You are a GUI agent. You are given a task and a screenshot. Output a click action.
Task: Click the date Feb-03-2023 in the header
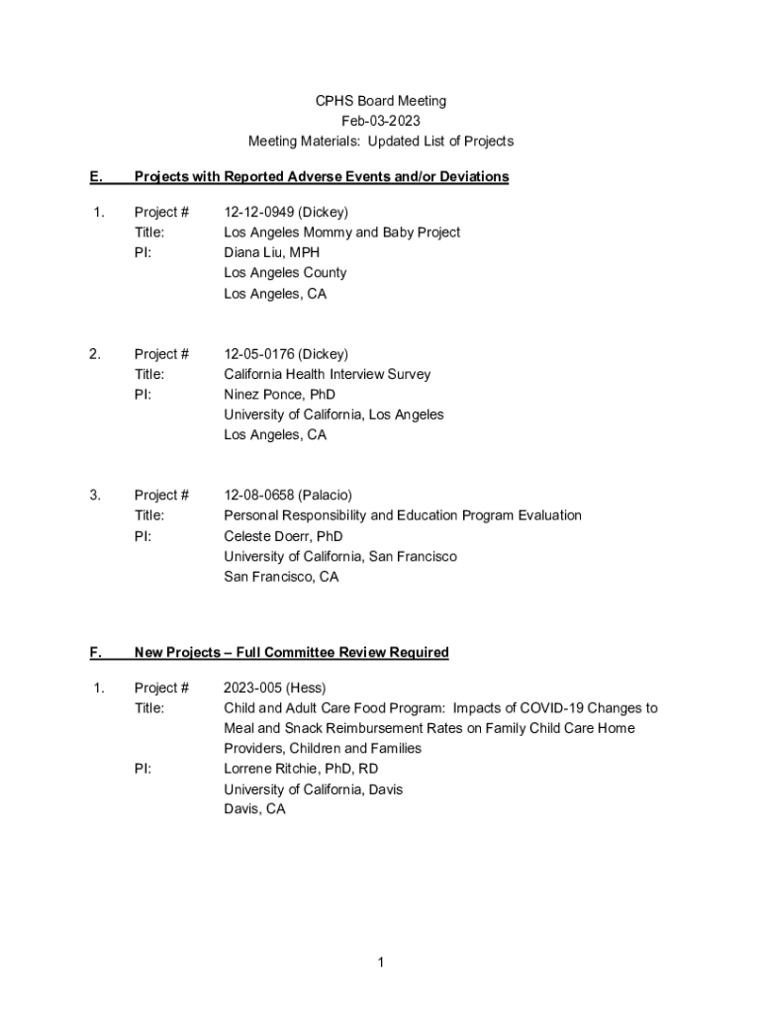pos(380,121)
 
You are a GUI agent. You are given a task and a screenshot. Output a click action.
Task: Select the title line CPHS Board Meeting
pos(380,101)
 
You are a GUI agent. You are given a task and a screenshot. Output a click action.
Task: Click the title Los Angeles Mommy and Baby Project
pos(341,232)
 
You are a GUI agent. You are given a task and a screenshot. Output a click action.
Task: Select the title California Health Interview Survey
pos(327,374)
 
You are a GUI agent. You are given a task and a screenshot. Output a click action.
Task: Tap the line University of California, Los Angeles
pos(333,414)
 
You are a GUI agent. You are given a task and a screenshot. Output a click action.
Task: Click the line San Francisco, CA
pos(281,577)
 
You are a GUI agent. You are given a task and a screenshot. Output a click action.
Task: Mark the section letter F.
pos(95,652)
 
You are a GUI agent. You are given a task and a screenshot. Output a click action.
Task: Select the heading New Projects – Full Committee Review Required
pos(291,652)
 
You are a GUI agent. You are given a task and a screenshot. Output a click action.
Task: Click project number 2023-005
pos(252,688)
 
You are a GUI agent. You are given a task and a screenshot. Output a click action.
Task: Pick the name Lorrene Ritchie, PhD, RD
pos(301,769)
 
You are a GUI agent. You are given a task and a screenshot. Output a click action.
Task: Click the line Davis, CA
pos(254,809)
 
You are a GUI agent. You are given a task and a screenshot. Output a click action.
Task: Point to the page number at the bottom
pos(380,964)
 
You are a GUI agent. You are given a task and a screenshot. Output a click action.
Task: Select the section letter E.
pos(95,177)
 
